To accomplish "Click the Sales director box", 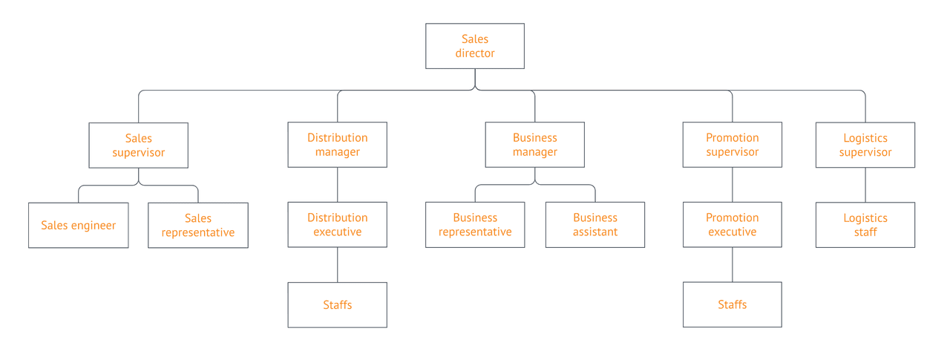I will coord(475,46).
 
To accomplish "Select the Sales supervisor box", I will coord(138,145).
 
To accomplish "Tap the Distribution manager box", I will coord(338,145).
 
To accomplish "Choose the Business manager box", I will coord(534,145).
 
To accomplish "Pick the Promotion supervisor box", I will coord(733,145).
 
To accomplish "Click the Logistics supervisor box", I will coord(865,145).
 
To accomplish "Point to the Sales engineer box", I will coord(78,225).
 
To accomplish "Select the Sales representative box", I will coord(198,225).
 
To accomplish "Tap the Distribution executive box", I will coord(338,225).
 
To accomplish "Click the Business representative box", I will coord(475,225).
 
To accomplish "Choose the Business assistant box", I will coord(595,225).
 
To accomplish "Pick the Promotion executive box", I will coord(733,225).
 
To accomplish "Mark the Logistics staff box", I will coord(865,225).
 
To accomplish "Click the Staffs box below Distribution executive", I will coord(338,305).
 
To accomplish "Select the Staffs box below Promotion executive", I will coord(733,305).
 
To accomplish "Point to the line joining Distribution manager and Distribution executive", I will coord(338,185).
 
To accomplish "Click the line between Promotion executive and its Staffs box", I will coord(733,264).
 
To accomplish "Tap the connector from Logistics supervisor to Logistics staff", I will coord(865,185).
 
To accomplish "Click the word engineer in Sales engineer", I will coord(94,226).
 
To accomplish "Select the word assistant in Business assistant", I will coord(595,232).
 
